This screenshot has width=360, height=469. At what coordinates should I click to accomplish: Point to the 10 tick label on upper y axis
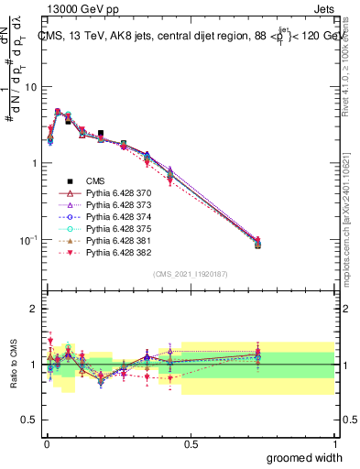point(30,87)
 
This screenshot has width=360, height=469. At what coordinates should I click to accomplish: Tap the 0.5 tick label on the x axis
point(191,444)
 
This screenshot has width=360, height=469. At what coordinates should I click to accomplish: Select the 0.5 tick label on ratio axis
point(30,420)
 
